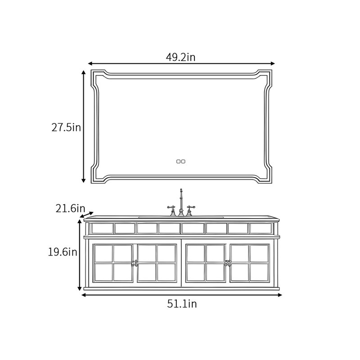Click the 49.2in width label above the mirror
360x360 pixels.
pos(180,57)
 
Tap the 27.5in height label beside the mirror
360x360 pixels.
pos(66,127)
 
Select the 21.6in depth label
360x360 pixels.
pos(70,208)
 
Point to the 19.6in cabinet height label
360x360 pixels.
pos(63,252)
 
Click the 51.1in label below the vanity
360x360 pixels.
pos(182,304)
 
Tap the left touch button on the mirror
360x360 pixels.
pos(178,162)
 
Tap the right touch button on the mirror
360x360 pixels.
pos(183,162)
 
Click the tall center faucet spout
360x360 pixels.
pos(181,202)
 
